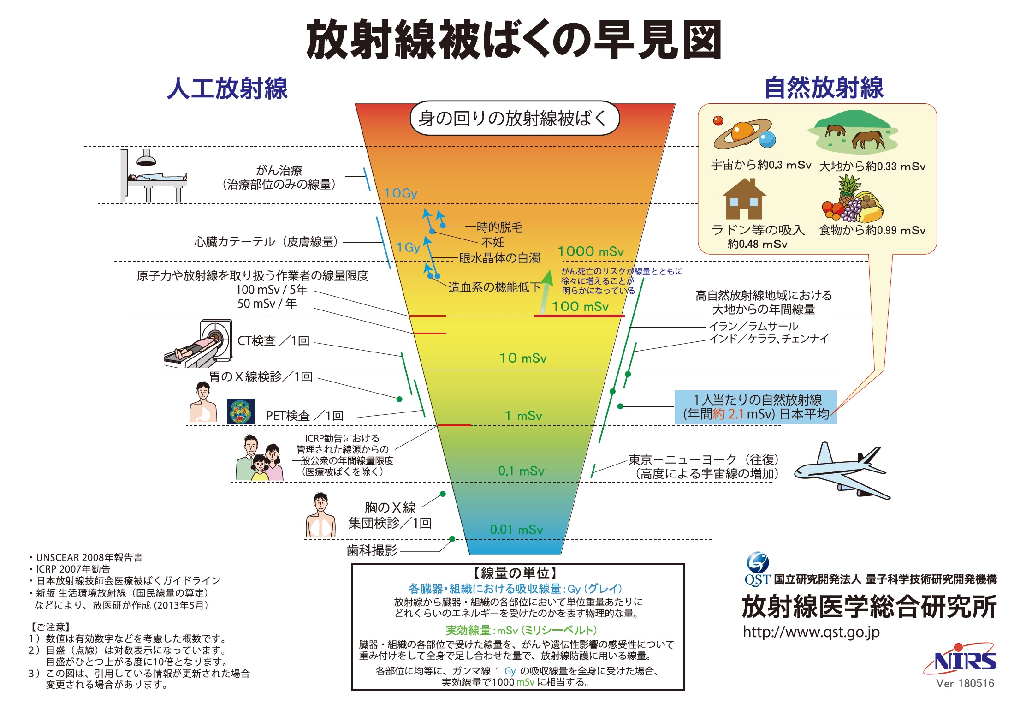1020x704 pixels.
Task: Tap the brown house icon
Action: [x=744, y=199]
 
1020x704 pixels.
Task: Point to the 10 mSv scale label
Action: [x=523, y=358]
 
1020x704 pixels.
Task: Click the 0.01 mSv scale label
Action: [x=516, y=529]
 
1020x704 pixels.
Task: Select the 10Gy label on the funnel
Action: [x=401, y=193]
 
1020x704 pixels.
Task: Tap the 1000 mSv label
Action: [x=591, y=251]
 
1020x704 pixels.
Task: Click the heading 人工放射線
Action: [x=227, y=88]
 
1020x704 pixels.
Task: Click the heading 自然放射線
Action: [x=824, y=88]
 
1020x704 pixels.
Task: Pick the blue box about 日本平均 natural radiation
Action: [x=755, y=407]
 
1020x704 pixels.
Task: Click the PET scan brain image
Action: [x=241, y=412]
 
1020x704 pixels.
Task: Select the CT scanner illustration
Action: [x=198, y=344]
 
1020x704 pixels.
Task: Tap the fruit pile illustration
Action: [x=852, y=200]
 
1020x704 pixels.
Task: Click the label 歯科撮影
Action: [x=372, y=550]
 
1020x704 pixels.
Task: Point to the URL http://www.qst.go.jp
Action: [x=811, y=632]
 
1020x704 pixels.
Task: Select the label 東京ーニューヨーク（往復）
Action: [x=704, y=459]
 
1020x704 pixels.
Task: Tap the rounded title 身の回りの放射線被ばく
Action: [x=515, y=118]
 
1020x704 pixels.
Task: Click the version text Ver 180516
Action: [x=965, y=684]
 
